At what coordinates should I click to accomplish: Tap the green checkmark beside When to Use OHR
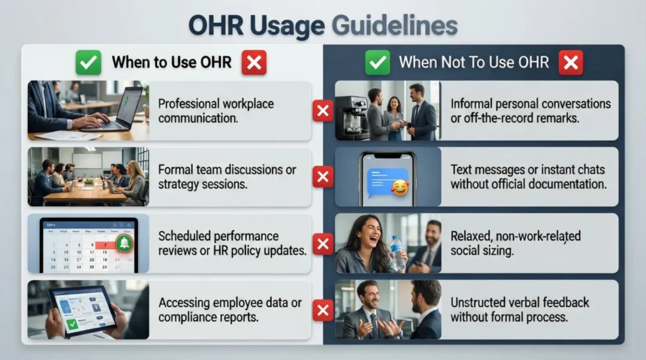(x=88, y=62)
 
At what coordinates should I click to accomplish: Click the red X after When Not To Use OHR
(x=570, y=62)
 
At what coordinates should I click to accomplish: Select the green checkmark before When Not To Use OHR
(x=377, y=62)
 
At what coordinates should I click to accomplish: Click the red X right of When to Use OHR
(x=254, y=62)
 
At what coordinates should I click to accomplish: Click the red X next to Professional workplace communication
(x=323, y=112)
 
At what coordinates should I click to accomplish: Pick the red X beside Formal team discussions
(x=323, y=177)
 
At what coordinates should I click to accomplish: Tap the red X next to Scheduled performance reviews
(x=323, y=243)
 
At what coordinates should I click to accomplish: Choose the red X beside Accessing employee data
(x=323, y=310)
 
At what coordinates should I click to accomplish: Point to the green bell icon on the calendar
(x=124, y=243)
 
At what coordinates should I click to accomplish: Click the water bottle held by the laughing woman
(x=397, y=251)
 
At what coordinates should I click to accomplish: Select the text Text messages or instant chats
(x=527, y=170)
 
